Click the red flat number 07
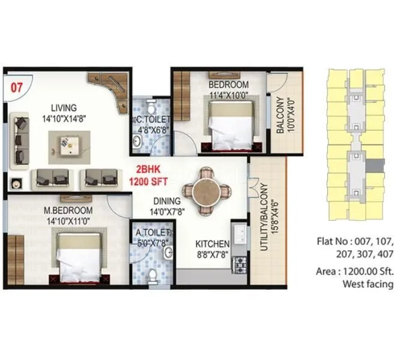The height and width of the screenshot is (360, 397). click(16, 86)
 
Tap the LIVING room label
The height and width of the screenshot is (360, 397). click(64, 108)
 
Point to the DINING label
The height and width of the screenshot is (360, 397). click(167, 201)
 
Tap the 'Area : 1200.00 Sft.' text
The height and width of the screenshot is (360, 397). click(354, 271)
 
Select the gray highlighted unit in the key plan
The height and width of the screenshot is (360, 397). click(376, 164)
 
